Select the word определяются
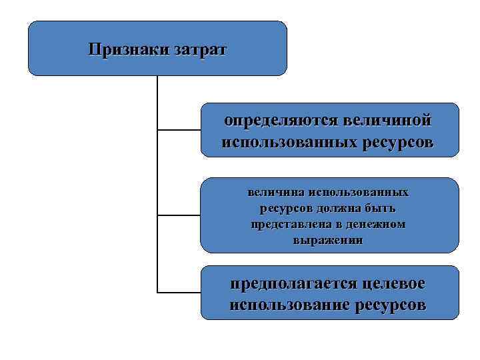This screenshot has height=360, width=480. (x=280, y=121)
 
